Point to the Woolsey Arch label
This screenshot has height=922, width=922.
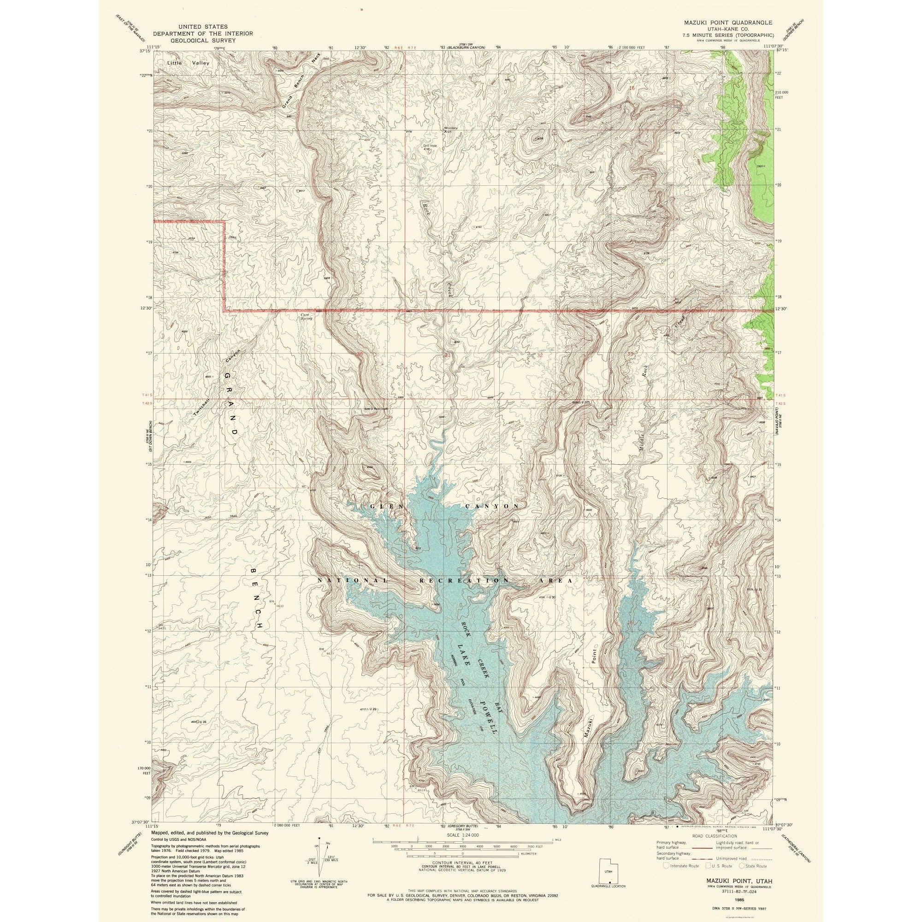click(450, 130)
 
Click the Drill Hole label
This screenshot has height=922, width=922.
click(430, 146)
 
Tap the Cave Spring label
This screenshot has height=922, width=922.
click(306, 316)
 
